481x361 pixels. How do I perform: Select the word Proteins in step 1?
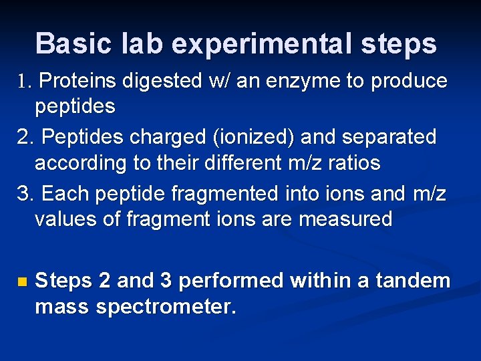click(77, 82)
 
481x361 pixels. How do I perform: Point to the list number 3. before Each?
click(24, 194)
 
